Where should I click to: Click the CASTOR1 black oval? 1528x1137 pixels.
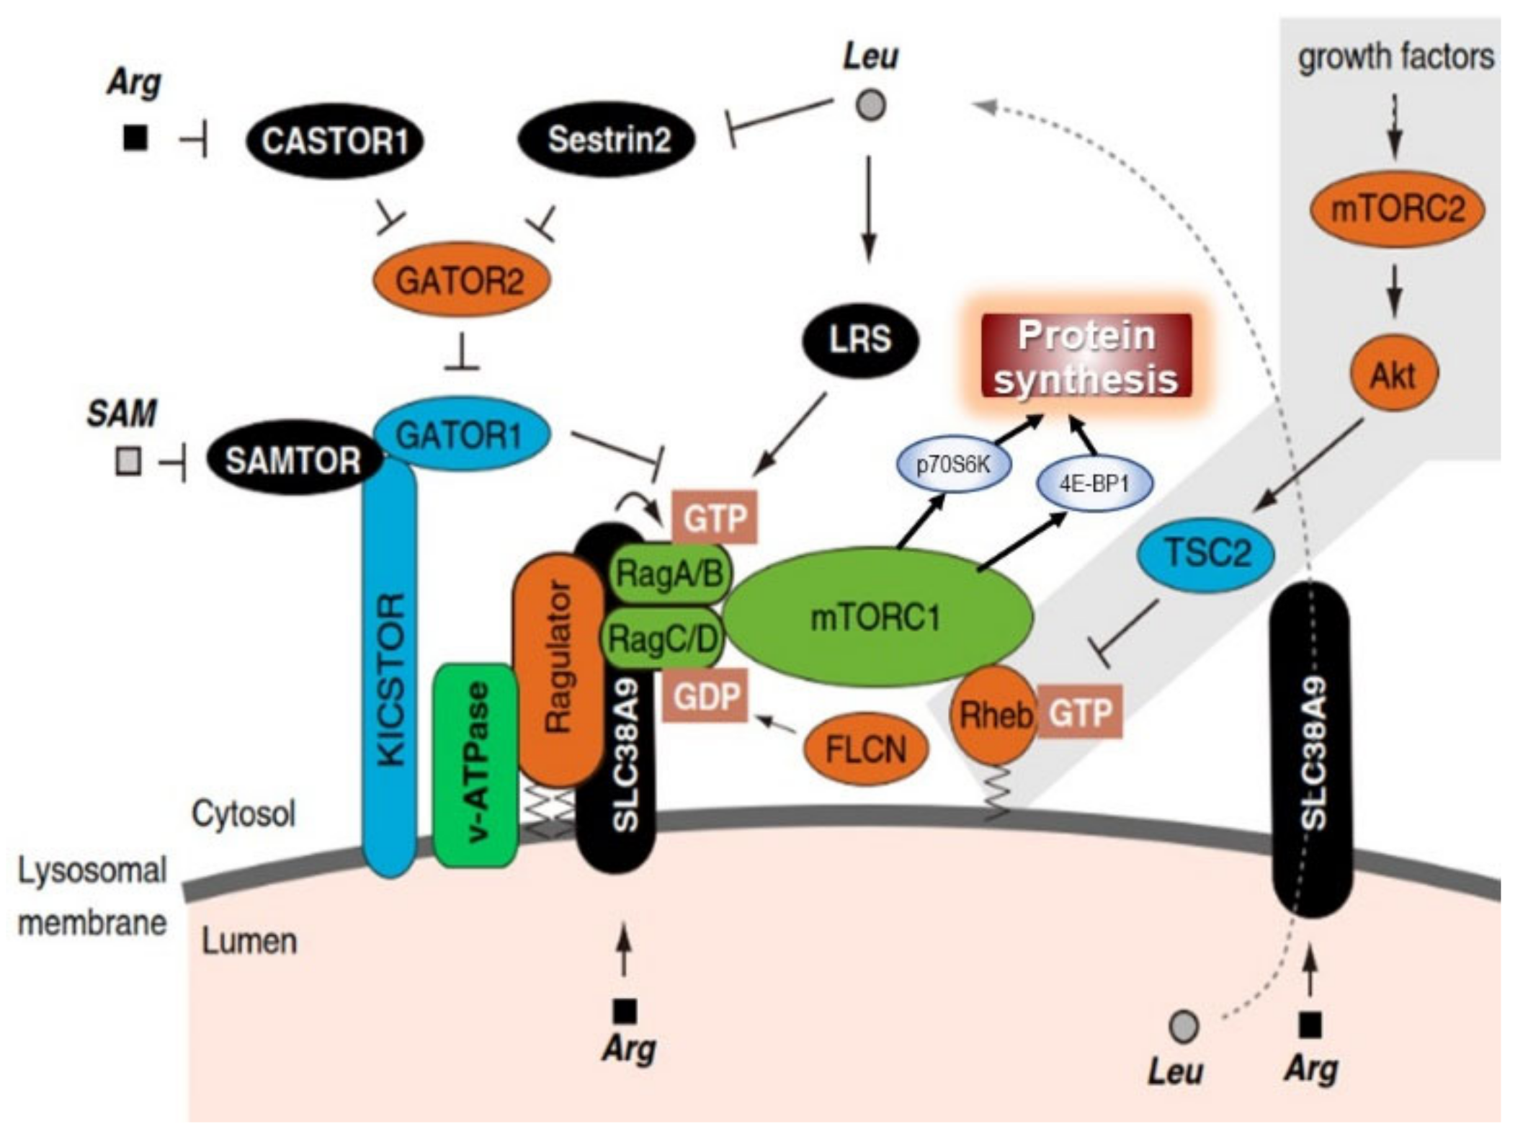334,141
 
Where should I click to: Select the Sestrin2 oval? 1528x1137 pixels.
607,139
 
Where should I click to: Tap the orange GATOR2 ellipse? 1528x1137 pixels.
461,280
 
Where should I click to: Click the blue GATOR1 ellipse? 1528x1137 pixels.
461,434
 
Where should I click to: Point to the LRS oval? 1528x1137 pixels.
860,339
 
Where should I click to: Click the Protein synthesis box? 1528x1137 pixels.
1086,357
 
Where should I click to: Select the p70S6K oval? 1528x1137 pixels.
952,465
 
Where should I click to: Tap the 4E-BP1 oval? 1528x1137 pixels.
1094,483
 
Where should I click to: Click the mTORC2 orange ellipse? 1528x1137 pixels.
1396,209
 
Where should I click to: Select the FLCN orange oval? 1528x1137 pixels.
865,749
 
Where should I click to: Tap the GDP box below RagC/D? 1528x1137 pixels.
706,696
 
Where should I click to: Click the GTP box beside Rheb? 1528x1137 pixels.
1080,713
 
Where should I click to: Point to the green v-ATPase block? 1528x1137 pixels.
476,764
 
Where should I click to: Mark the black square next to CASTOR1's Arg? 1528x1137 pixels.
135,138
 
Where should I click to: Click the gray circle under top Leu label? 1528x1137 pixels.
870,105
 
